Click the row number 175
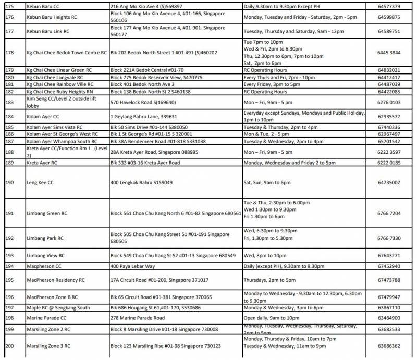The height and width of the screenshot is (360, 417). tap(10, 7)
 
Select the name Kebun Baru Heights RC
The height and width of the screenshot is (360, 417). tap(55, 17)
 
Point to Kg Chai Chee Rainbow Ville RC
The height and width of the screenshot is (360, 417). tap(60, 84)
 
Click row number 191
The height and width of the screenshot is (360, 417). tap(10, 213)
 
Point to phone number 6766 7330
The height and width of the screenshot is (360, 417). tap(389, 238)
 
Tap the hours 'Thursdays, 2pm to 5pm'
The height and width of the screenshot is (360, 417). tap(269, 280)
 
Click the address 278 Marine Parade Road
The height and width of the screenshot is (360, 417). tap(137, 318)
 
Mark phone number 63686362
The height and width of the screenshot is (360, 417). tap(389, 346)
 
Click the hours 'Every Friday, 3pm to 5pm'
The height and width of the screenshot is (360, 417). tap(272, 84)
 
